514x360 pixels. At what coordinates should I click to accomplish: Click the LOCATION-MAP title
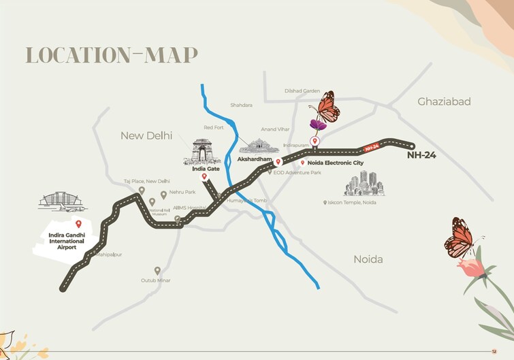point(112,56)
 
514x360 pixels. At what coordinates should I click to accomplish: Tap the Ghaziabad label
point(444,101)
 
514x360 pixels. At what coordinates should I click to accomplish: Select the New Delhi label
point(146,135)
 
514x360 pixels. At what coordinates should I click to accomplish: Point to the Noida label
point(368,259)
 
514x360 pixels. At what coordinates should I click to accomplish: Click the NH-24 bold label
point(422,156)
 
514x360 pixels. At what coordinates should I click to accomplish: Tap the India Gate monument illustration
point(202,151)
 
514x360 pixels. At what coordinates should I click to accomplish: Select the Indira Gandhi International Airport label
point(66,241)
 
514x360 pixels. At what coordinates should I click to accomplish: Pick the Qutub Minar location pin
point(157,270)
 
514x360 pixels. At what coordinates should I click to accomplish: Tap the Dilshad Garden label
point(302,91)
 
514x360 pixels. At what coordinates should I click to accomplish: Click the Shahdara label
point(241,105)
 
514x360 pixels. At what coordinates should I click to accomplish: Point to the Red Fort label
point(213,127)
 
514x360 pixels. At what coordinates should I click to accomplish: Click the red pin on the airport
point(78,224)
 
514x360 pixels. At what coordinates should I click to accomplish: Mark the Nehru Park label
point(182,193)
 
